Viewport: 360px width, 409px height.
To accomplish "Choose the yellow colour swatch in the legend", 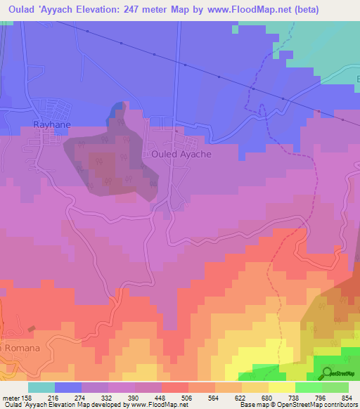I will click(x=281, y=387).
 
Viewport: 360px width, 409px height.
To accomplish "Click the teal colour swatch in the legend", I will click(x=41, y=387).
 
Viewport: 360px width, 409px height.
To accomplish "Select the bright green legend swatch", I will click(x=308, y=387).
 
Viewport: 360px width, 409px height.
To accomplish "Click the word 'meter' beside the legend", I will click(x=11, y=398).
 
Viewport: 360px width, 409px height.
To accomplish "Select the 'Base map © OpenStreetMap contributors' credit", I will click(x=298, y=405).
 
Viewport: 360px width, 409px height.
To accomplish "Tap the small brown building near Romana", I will click(x=32, y=329).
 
